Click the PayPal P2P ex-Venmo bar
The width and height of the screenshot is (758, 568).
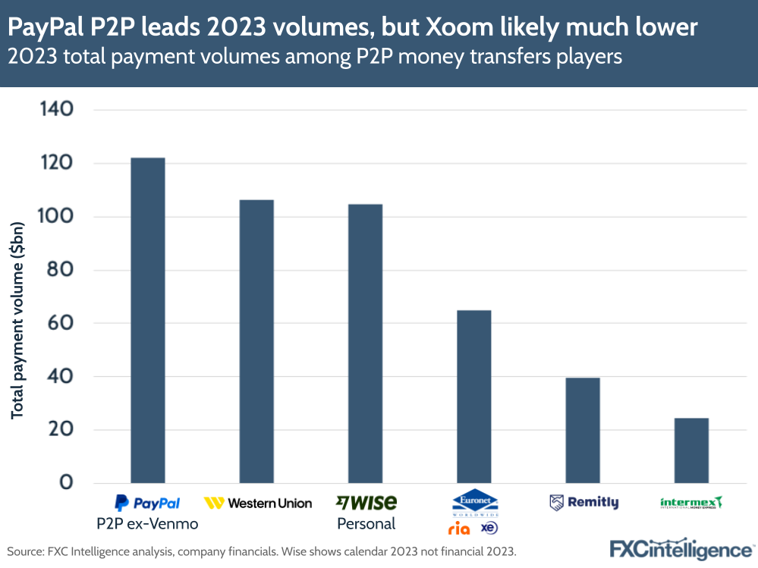tap(148, 320)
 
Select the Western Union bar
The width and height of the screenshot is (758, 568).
tap(256, 341)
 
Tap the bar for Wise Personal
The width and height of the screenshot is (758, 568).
tap(366, 344)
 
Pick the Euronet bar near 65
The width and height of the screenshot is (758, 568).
tap(474, 397)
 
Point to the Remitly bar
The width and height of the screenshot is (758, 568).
tap(583, 430)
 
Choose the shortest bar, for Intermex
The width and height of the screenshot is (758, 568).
tap(691, 450)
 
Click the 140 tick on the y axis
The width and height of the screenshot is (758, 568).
tap(56, 110)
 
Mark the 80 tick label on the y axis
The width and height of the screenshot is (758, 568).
tap(58, 270)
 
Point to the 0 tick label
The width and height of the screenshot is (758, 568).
tap(66, 483)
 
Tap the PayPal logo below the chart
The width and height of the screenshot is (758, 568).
tap(147, 503)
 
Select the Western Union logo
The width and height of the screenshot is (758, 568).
tap(258, 503)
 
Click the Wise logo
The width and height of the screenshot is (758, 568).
tap(366, 502)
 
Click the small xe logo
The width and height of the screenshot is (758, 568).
tap(489, 527)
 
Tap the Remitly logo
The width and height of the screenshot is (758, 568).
tap(583, 503)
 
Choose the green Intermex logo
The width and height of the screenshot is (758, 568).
tap(691, 503)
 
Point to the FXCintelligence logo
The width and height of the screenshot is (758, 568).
tap(681, 548)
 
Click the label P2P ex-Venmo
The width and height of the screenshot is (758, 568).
tap(146, 523)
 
